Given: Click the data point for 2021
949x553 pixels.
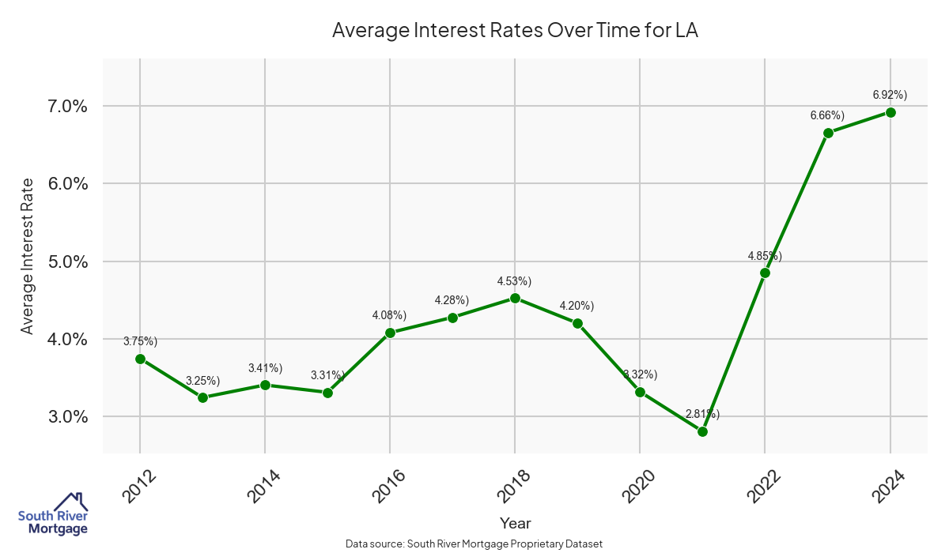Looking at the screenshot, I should point(702,431).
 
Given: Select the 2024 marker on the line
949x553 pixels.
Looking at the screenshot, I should point(890,112).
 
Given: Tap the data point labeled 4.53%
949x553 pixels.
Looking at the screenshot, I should point(515,298).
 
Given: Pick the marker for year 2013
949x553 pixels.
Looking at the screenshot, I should point(202,397).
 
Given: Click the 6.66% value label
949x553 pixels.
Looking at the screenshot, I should point(827,115).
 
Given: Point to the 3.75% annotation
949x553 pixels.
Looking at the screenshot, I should point(140,341).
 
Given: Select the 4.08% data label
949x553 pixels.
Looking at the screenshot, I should point(389,315).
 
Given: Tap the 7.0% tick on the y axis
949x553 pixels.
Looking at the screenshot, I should point(64,107).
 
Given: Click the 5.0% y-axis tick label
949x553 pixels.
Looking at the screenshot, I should point(64,261).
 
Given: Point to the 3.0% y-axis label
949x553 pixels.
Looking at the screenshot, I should point(64,416).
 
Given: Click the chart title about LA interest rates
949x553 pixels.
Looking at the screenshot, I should point(515,31).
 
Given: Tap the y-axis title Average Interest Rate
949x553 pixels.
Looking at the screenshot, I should point(28,256).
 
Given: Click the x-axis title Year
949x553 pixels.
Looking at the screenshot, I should point(515,523).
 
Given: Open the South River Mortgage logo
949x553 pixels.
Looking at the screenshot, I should point(53,514).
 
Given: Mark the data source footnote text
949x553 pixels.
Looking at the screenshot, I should point(475,544).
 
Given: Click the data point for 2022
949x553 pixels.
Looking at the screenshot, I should point(765,273).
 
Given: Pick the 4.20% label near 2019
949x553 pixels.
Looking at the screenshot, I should point(577,306).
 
